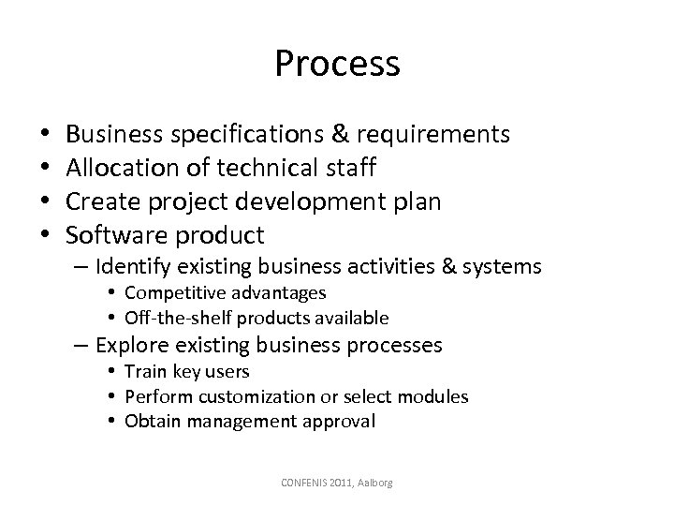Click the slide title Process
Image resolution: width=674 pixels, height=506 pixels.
click(x=337, y=64)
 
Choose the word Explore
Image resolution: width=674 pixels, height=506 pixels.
click(x=132, y=345)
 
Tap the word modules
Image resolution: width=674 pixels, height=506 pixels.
click(x=436, y=396)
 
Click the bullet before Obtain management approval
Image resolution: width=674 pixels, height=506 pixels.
click(x=111, y=421)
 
